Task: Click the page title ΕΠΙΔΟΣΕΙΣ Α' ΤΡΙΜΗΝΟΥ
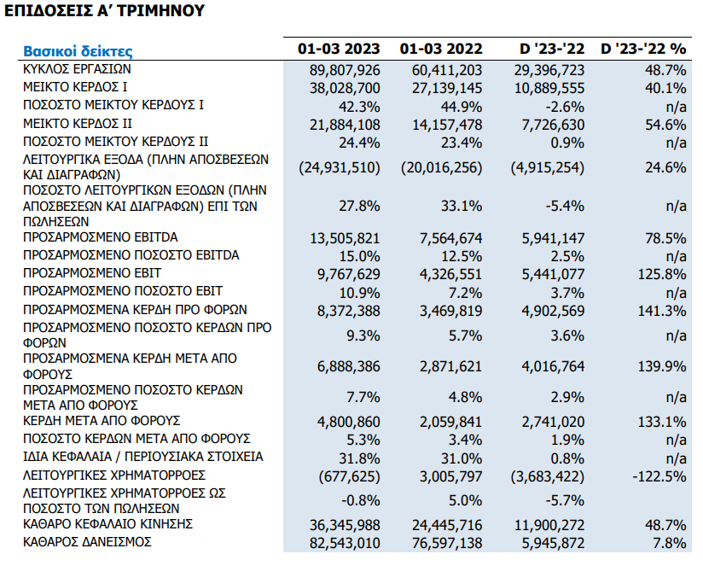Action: (104, 11)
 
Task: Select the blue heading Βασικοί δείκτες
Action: (78, 51)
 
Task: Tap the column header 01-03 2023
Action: (339, 49)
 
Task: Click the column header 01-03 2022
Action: (441, 49)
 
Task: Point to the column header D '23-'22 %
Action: (643, 49)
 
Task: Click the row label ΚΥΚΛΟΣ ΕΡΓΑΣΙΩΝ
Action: (77, 69)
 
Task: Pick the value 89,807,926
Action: (345, 70)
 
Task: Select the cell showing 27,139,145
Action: (447, 88)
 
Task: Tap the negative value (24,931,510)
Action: (340, 167)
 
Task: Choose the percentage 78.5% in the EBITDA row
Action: (665, 238)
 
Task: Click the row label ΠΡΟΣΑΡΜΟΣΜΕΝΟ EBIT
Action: (92, 273)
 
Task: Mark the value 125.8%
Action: (662, 274)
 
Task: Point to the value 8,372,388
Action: (349, 311)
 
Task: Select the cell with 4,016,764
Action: (553, 366)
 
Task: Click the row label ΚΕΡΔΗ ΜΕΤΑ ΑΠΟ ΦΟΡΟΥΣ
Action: (102, 421)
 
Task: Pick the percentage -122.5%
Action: (659, 476)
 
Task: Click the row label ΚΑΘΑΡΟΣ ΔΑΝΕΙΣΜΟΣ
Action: (87, 542)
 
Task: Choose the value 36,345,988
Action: (345, 525)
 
